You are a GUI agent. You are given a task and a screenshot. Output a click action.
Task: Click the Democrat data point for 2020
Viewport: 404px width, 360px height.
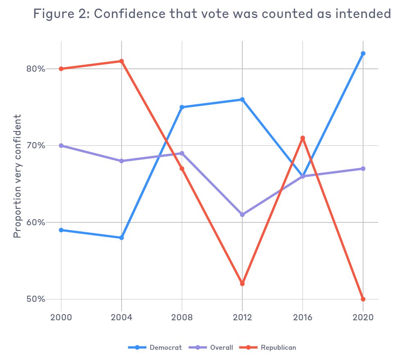(363, 54)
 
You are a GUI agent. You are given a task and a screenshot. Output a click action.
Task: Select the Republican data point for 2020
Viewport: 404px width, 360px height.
(363, 299)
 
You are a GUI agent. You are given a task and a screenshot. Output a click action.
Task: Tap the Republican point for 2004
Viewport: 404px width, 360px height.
(122, 61)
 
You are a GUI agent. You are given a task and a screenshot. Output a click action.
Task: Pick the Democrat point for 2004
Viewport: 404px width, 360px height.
(122, 238)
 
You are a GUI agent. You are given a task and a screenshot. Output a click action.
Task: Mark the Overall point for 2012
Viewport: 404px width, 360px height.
(242, 215)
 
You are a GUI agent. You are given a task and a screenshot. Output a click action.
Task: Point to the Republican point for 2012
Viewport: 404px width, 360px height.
(242, 283)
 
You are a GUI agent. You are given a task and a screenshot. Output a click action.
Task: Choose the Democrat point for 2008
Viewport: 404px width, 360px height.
(182, 107)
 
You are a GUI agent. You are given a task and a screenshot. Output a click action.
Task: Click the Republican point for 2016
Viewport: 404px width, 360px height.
(302, 138)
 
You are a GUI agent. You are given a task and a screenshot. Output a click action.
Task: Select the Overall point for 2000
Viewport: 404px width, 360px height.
(61, 145)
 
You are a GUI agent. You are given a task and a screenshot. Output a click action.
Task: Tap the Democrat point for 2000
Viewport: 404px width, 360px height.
(61, 230)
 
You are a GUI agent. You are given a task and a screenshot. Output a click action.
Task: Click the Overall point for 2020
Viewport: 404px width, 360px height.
(363, 169)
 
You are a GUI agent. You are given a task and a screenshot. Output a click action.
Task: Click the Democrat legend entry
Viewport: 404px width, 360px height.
(156, 347)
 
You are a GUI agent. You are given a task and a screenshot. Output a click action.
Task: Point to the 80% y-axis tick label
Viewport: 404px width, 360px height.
(36, 69)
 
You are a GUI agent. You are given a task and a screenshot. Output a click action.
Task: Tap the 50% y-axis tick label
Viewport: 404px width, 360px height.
(36, 299)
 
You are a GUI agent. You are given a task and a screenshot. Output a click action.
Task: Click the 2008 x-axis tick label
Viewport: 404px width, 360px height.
(182, 318)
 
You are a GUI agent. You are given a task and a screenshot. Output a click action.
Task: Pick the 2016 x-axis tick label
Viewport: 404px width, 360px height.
(302, 318)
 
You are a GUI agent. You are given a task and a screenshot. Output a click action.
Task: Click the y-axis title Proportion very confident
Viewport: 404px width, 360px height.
(17, 176)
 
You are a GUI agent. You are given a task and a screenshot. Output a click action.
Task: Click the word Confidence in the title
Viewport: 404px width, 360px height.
(130, 14)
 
